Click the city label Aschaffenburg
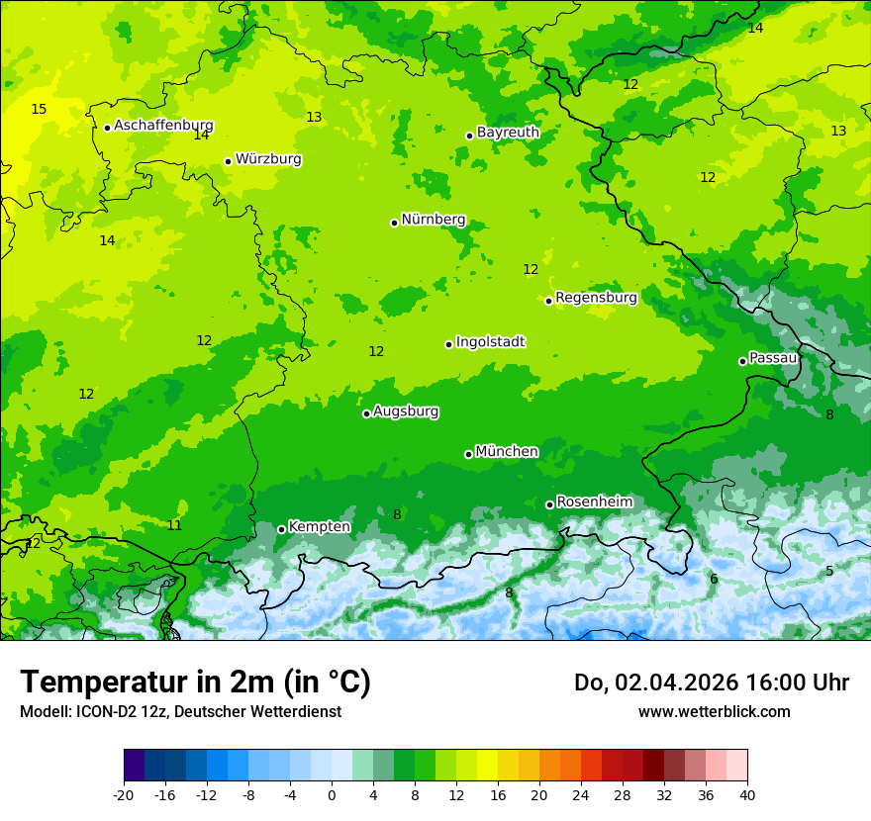(x=163, y=126)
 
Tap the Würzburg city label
(x=268, y=159)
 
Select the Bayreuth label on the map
(x=508, y=133)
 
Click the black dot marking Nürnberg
(x=394, y=223)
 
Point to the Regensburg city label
(x=596, y=298)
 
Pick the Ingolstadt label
(x=490, y=342)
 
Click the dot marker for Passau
(x=742, y=361)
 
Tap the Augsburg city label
(x=406, y=411)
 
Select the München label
(x=507, y=452)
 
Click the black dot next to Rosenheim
(x=549, y=505)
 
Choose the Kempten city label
(x=319, y=527)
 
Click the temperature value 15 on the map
(x=39, y=109)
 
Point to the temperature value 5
(x=829, y=571)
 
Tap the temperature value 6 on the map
(x=714, y=579)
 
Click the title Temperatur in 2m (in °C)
(x=195, y=682)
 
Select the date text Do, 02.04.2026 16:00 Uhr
(x=712, y=683)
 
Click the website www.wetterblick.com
(x=714, y=711)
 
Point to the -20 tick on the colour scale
(x=124, y=794)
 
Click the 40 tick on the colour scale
(x=747, y=794)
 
